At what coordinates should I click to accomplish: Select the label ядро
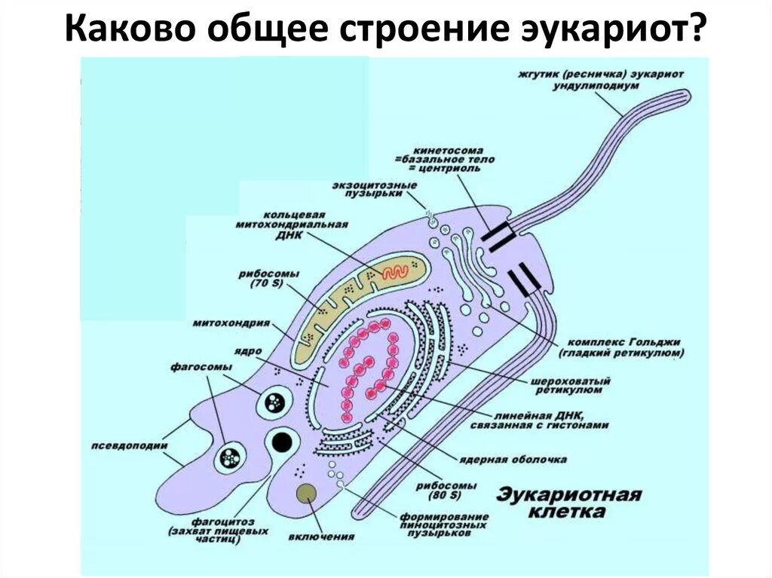click(x=243, y=350)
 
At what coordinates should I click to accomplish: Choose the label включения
click(x=320, y=537)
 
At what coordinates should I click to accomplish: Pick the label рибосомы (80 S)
click(x=455, y=491)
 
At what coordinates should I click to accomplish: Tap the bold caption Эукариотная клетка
click(x=568, y=503)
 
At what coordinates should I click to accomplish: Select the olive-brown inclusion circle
click(x=306, y=494)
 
